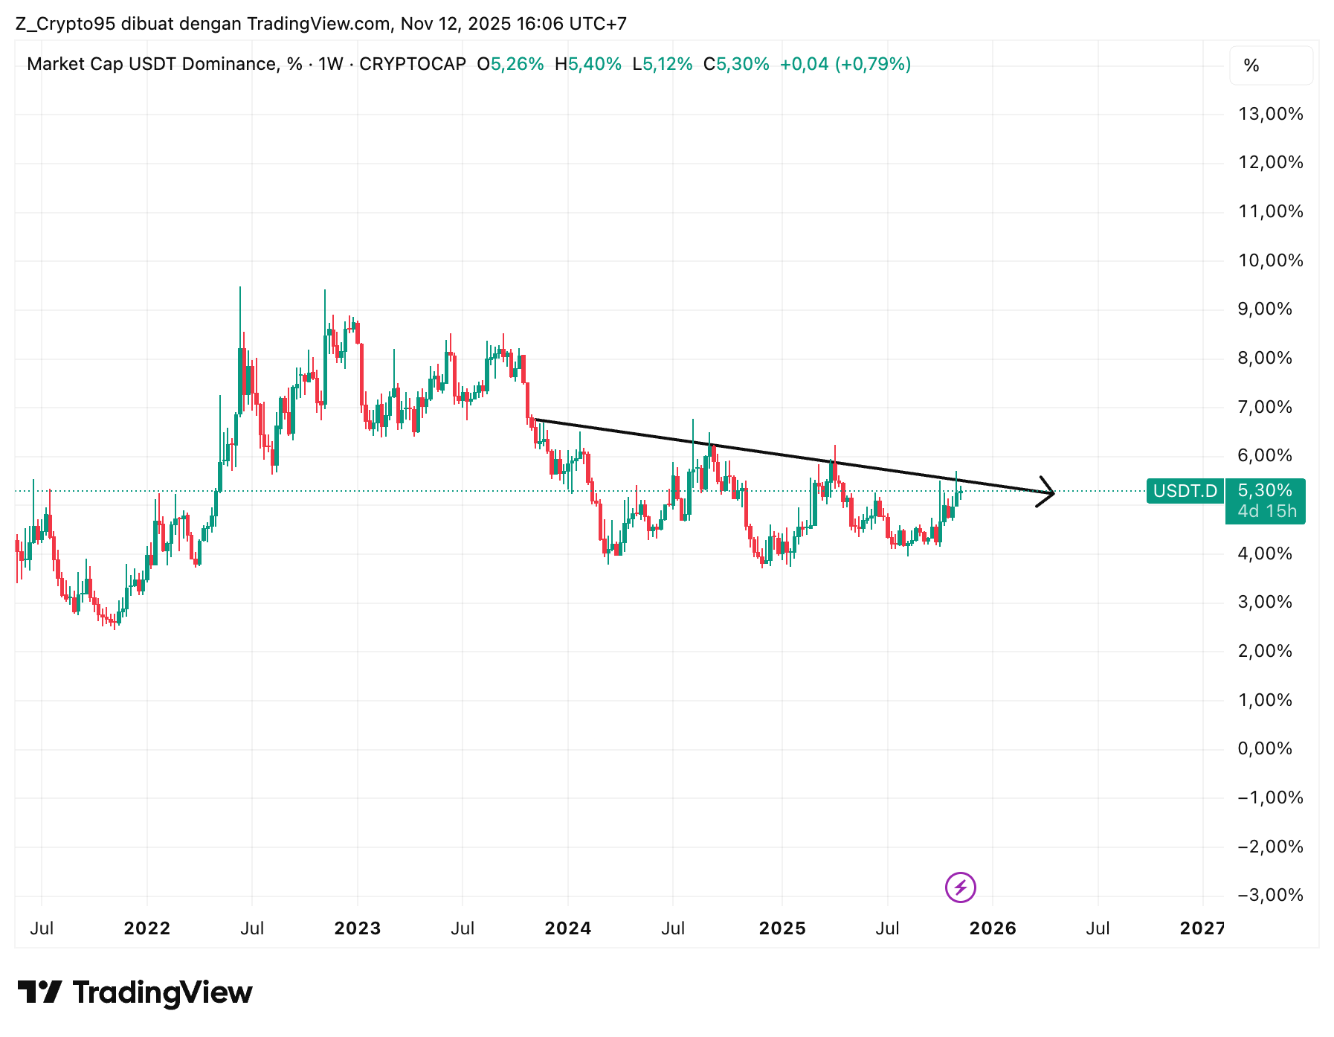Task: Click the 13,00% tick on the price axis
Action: [1270, 114]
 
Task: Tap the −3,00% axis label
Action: [1270, 895]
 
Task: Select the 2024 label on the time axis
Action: [567, 928]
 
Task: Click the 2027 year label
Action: [1202, 928]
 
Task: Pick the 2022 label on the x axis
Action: [146, 928]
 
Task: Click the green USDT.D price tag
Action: [1185, 491]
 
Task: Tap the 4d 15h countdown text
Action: [1266, 512]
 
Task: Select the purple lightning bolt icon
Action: [960, 887]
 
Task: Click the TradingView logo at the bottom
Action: [135, 992]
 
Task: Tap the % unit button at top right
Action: [1251, 65]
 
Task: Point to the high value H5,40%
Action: [587, 64]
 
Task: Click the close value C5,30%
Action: [736, 64]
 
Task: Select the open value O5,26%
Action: [510, 64]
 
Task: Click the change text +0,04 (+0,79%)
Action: [845, 64]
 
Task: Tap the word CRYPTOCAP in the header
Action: [413, 64]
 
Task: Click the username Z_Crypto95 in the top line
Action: [65, 24]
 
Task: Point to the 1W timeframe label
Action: [330, 64]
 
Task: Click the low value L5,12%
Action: [662, 64]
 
